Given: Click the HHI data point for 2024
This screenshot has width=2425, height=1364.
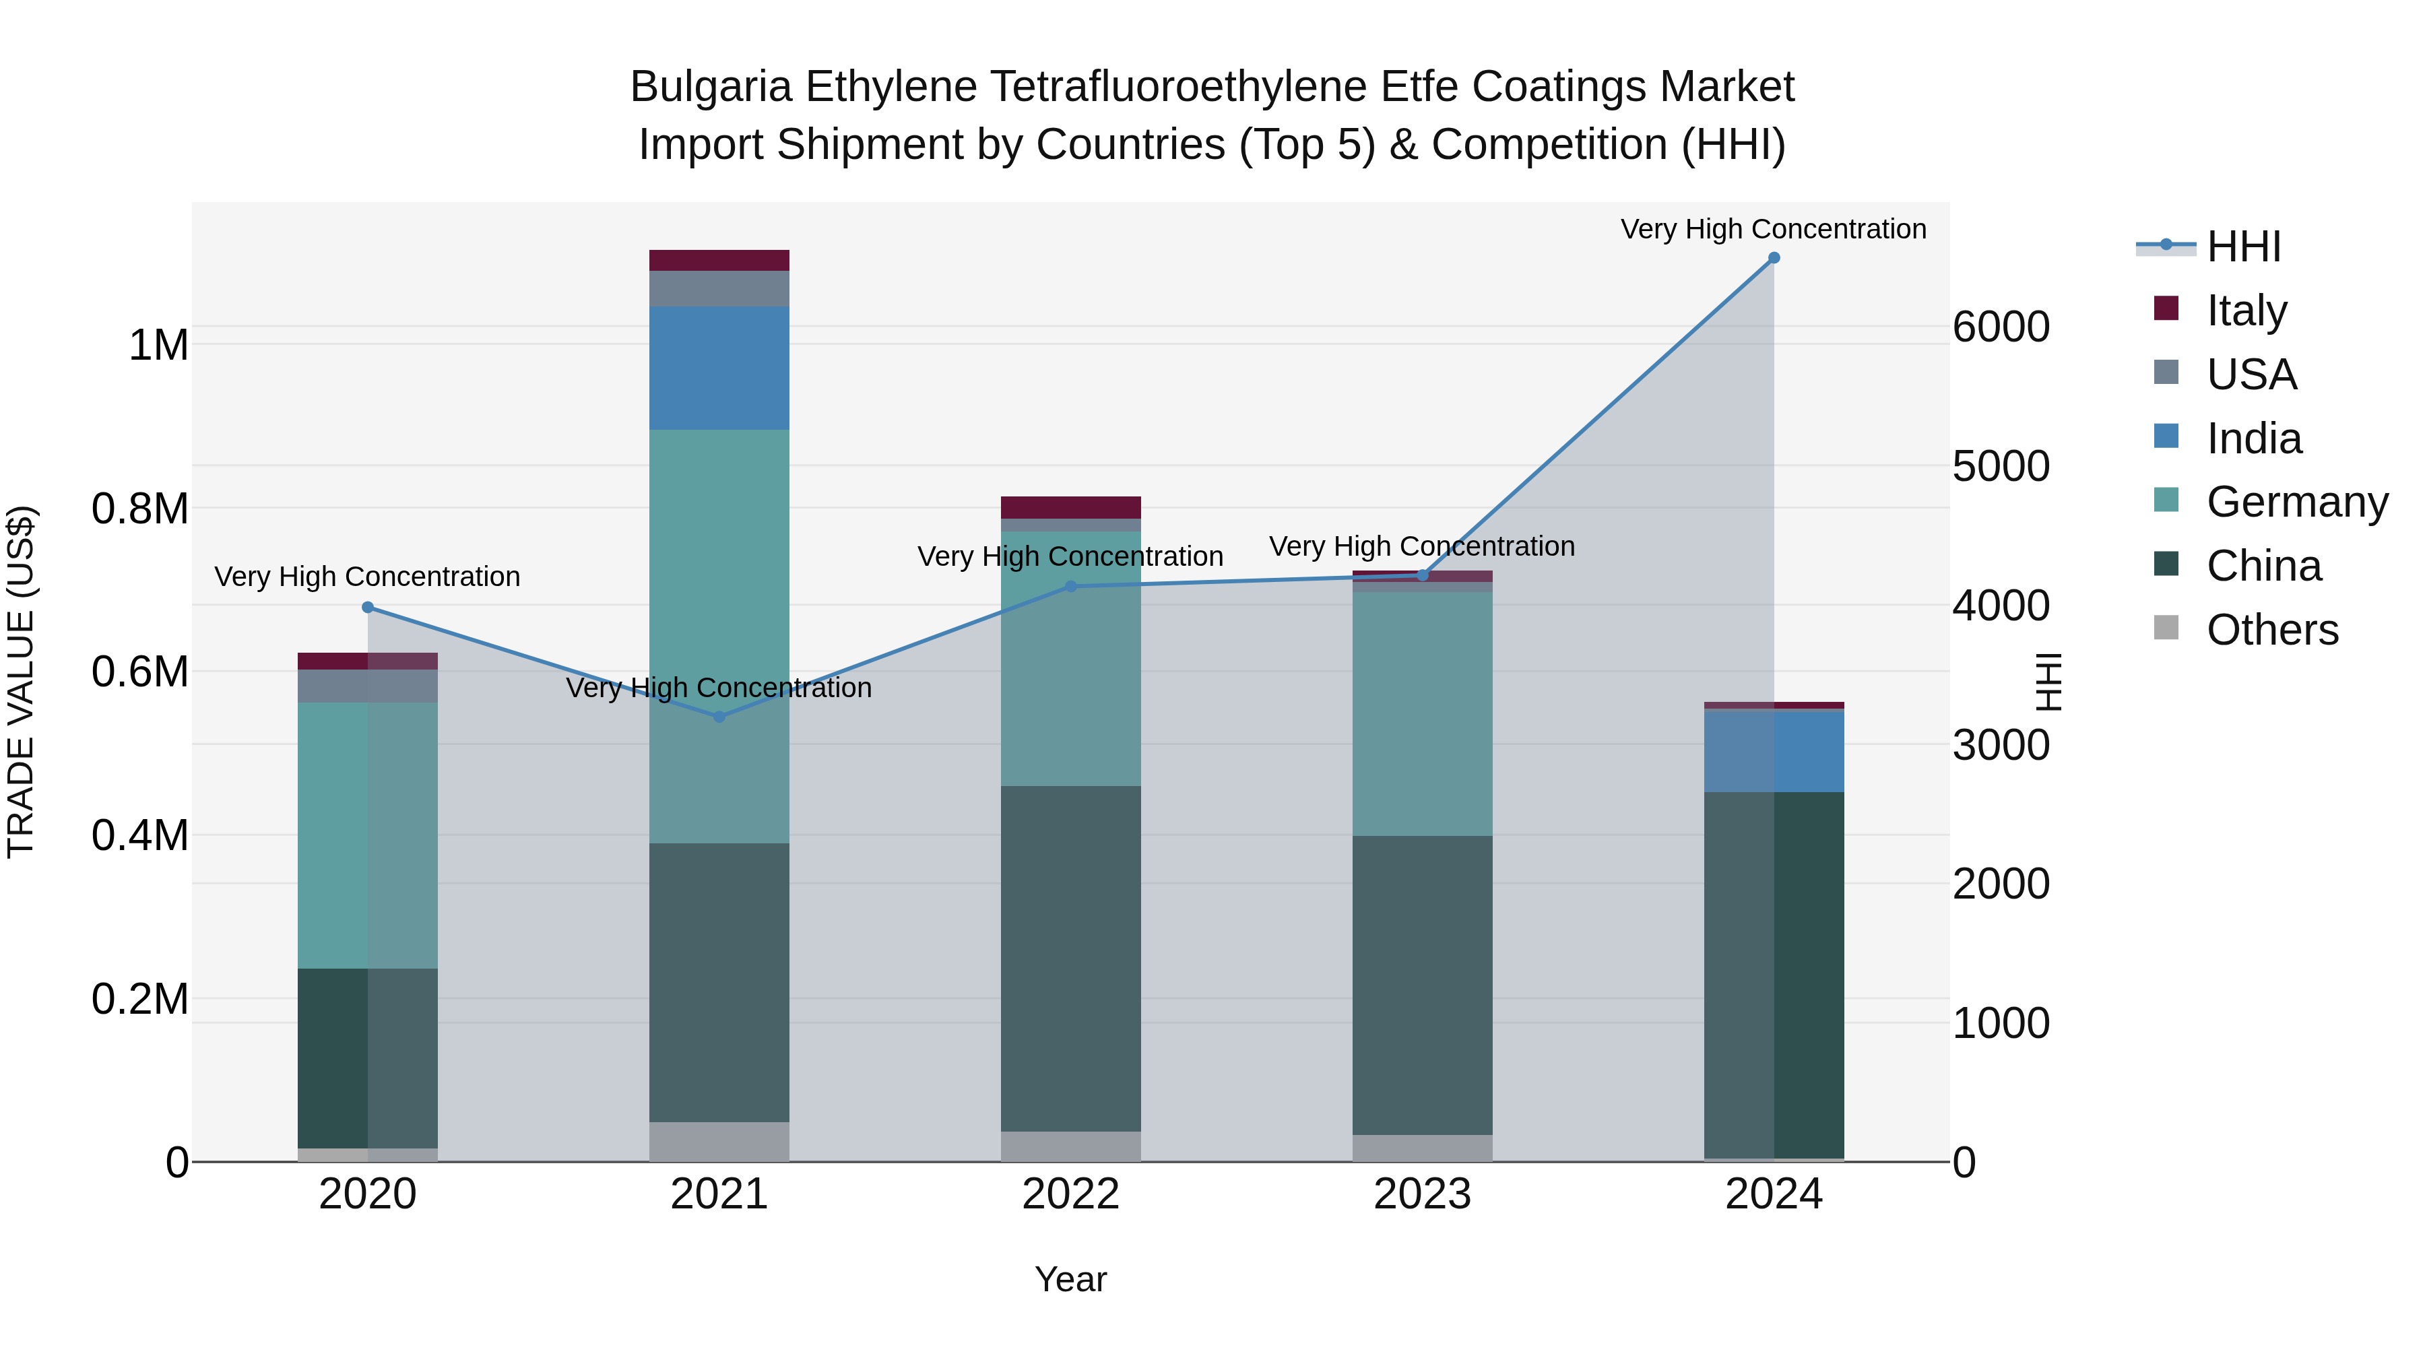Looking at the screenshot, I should tap(1774, 258).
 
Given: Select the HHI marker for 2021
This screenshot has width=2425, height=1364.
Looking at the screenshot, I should tap(719, 717).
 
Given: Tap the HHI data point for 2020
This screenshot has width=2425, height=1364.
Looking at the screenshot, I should tap(368, 607).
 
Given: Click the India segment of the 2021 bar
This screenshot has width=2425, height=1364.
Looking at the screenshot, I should tap(719, 368).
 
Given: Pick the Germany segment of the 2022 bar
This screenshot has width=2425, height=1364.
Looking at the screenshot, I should tap(1070, 659).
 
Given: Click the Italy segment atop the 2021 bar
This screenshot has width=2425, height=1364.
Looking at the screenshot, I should tap(719, 261).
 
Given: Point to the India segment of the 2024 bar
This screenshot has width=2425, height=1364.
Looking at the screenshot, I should tap(1774, 751).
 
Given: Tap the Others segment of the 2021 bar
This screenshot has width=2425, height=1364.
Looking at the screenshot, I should tap(719, 1141).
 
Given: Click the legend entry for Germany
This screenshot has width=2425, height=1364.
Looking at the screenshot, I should tap(2297, 502).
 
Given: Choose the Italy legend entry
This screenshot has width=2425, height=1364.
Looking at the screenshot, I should tap(2246, 311).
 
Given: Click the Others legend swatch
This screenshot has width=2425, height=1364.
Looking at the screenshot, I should tap(2166, 628).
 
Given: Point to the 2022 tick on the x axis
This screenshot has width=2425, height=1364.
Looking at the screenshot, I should tap(1070, 1194).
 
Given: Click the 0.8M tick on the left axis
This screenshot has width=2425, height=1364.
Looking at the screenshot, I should tap(140, 509).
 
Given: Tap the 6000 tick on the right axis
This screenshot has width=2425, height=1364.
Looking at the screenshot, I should tap(2001, 327).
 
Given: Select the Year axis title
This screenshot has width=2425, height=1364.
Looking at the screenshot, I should tap(1070, 1279).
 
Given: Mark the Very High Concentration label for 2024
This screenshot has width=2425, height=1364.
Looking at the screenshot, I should tap(1773, 230).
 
